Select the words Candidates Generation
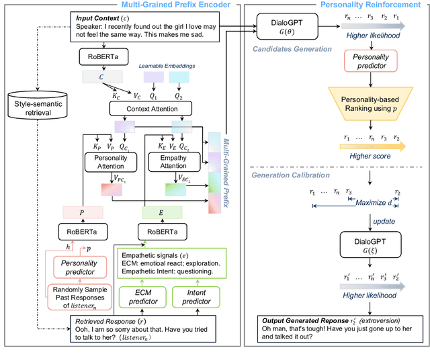point(292,50)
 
